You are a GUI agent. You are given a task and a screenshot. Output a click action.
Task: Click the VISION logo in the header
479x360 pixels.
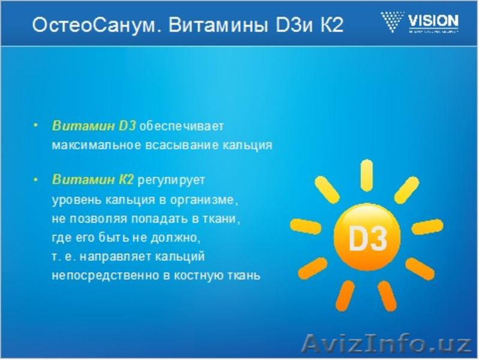(419, 23)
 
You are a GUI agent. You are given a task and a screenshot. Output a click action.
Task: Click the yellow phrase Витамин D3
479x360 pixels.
(94, 126)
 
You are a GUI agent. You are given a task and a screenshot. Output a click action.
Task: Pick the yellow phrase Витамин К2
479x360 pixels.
(93, 180)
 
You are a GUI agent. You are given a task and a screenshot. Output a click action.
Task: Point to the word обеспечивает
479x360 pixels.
(182, 127)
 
